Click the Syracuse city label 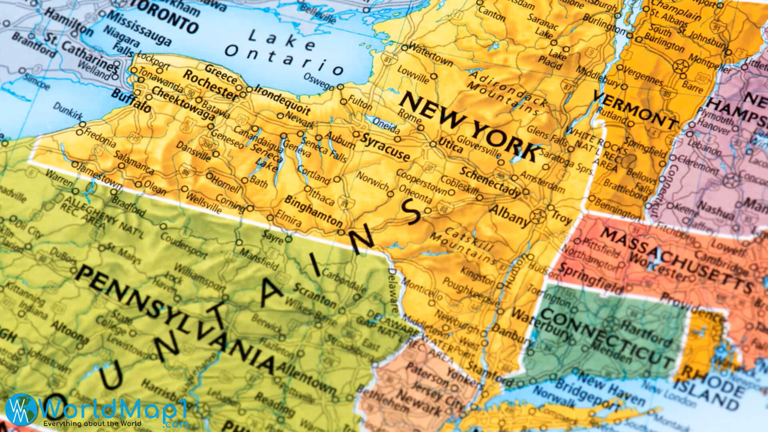(385, 148)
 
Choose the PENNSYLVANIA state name (176, 320)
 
